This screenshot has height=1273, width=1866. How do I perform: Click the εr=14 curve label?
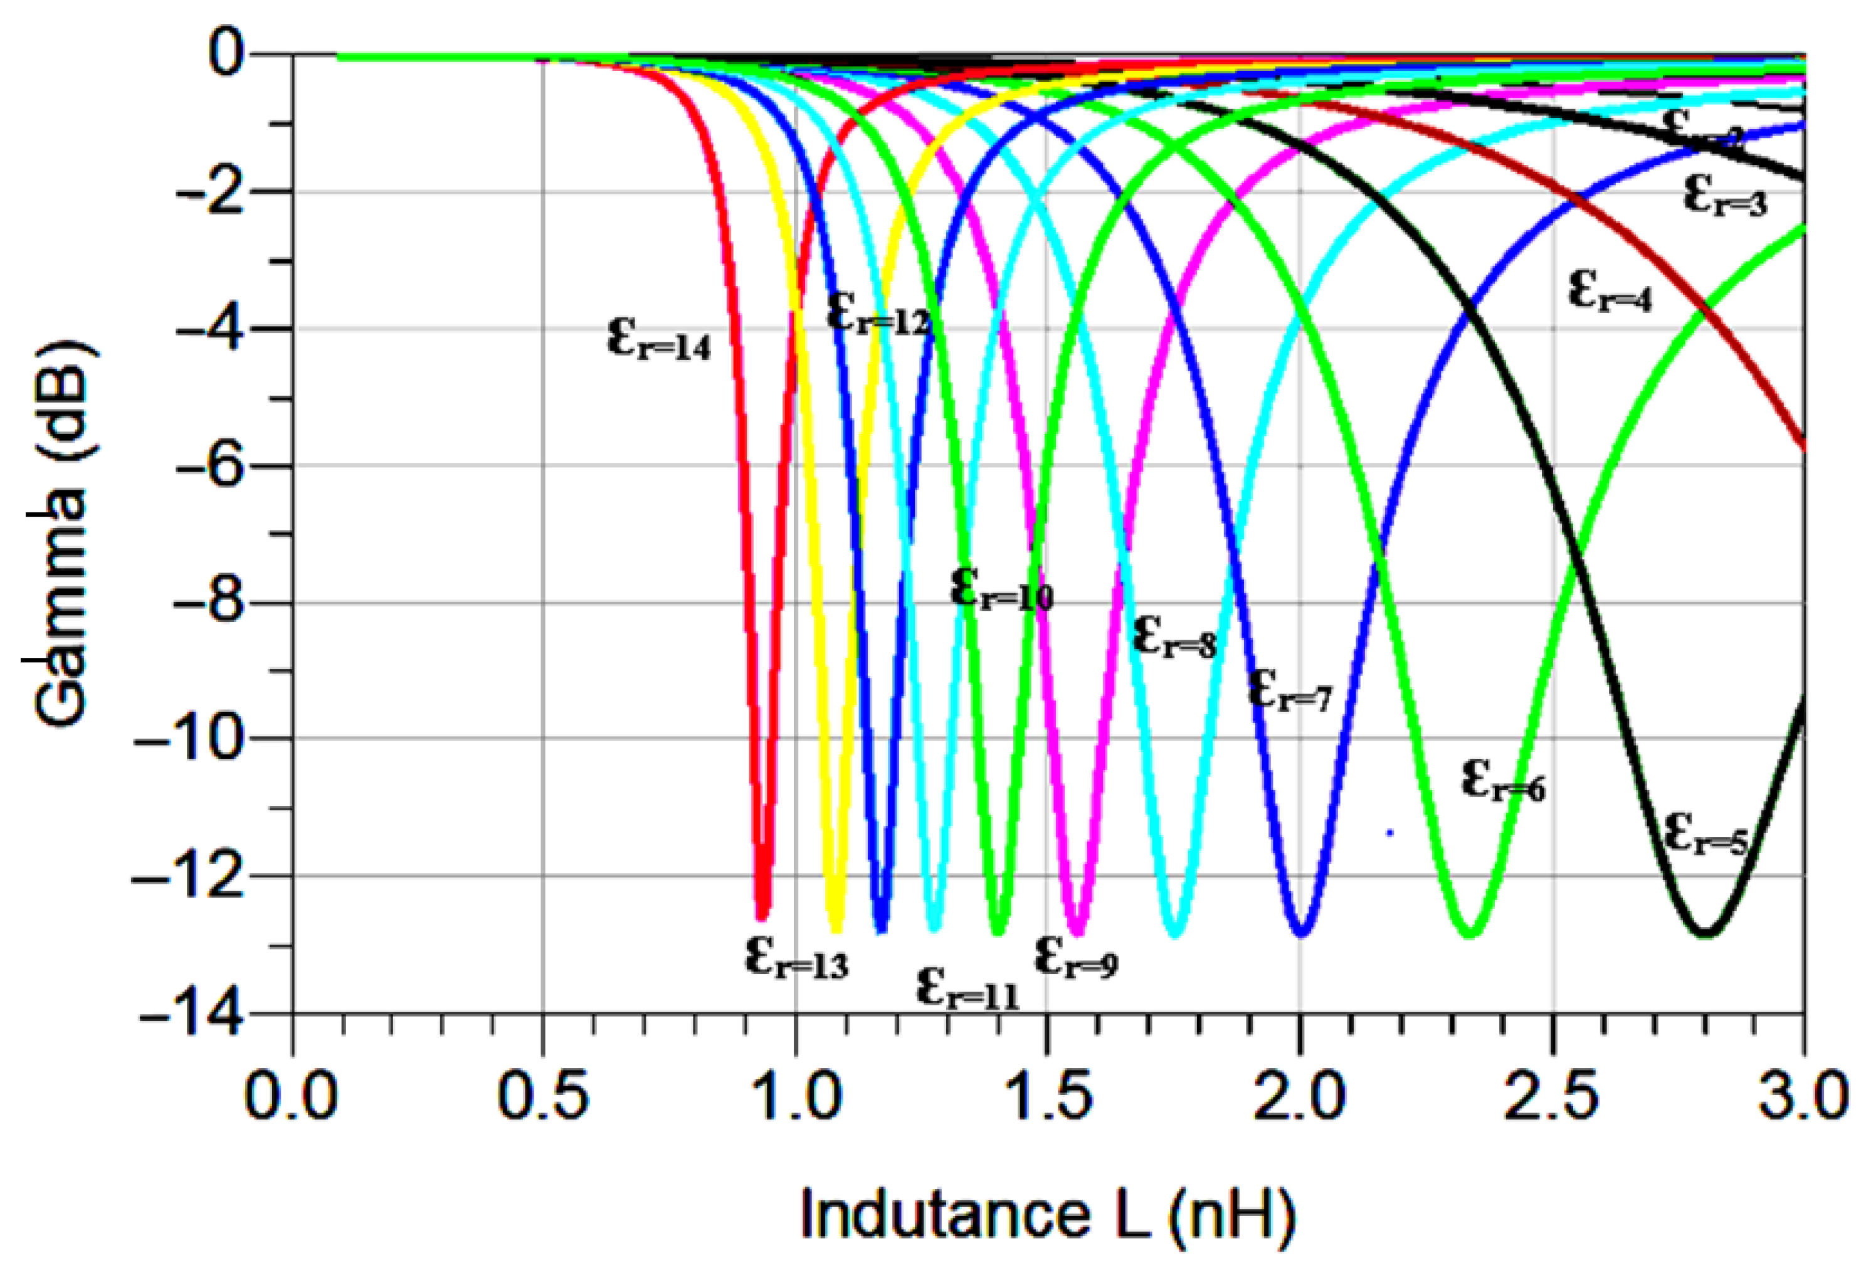[658, 341]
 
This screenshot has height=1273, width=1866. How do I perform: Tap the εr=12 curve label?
[878, 315]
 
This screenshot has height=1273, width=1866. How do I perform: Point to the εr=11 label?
[967, 989]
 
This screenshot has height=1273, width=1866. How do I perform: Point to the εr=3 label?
[1726, 197]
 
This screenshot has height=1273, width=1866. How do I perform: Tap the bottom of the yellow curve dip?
[836, 930]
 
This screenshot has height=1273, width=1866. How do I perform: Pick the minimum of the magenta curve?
[1078, 932]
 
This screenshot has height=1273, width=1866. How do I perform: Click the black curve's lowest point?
[1705, 932]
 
